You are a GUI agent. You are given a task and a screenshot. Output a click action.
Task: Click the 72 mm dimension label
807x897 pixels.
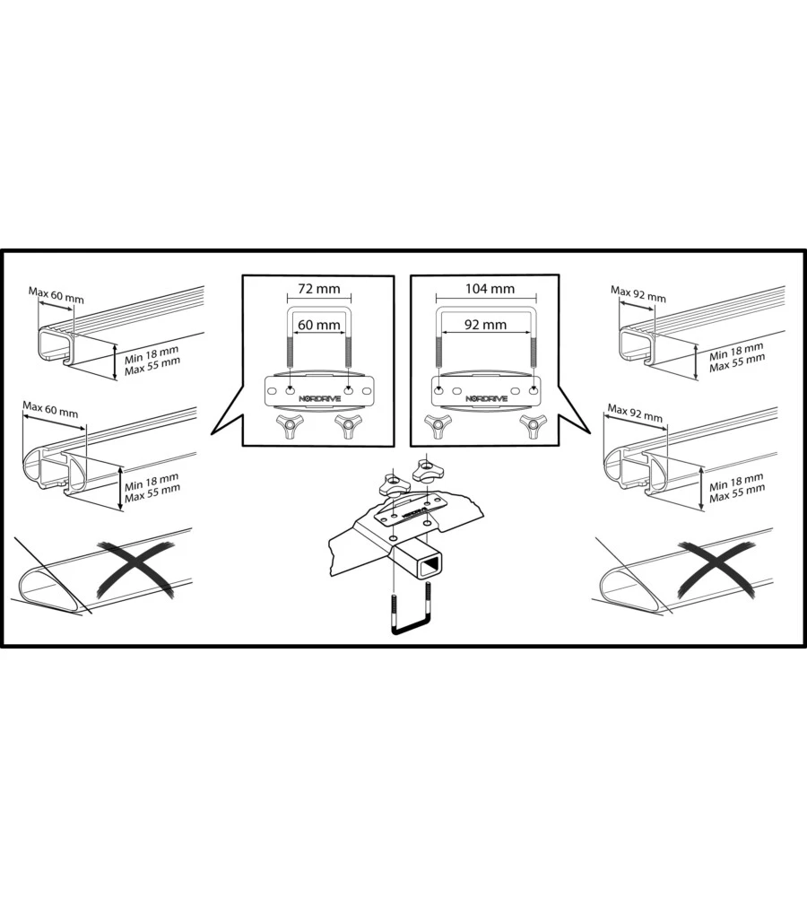coord(318,289)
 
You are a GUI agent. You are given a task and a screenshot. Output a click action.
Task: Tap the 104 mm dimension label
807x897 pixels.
coord(490,289)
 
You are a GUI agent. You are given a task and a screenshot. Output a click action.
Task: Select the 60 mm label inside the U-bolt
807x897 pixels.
coord(318,325)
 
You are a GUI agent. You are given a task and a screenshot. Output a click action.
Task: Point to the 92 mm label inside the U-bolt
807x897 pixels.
coord(485,325)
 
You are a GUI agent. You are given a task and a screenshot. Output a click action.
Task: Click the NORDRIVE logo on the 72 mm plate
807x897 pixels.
coord(320,398)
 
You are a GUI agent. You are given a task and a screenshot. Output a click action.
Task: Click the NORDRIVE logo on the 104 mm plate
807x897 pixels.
coord(486,398)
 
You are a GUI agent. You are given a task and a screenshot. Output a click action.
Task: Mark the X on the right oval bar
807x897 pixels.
coord(716,570)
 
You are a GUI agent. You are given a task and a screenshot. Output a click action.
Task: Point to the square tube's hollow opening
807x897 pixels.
coord(430,566)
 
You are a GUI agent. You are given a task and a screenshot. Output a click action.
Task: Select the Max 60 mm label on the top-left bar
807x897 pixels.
coord(56,295)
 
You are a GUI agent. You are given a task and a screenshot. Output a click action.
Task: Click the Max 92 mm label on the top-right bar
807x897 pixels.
coord(638,294)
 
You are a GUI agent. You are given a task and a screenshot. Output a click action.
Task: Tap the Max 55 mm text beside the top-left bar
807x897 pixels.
coord(152,366)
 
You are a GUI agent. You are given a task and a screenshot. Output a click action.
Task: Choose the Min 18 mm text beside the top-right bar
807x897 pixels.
coord(736,352)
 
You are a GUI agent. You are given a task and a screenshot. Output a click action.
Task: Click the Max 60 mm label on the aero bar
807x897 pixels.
coord(50,409)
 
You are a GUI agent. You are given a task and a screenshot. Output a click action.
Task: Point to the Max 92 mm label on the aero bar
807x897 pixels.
coord(635,412)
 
